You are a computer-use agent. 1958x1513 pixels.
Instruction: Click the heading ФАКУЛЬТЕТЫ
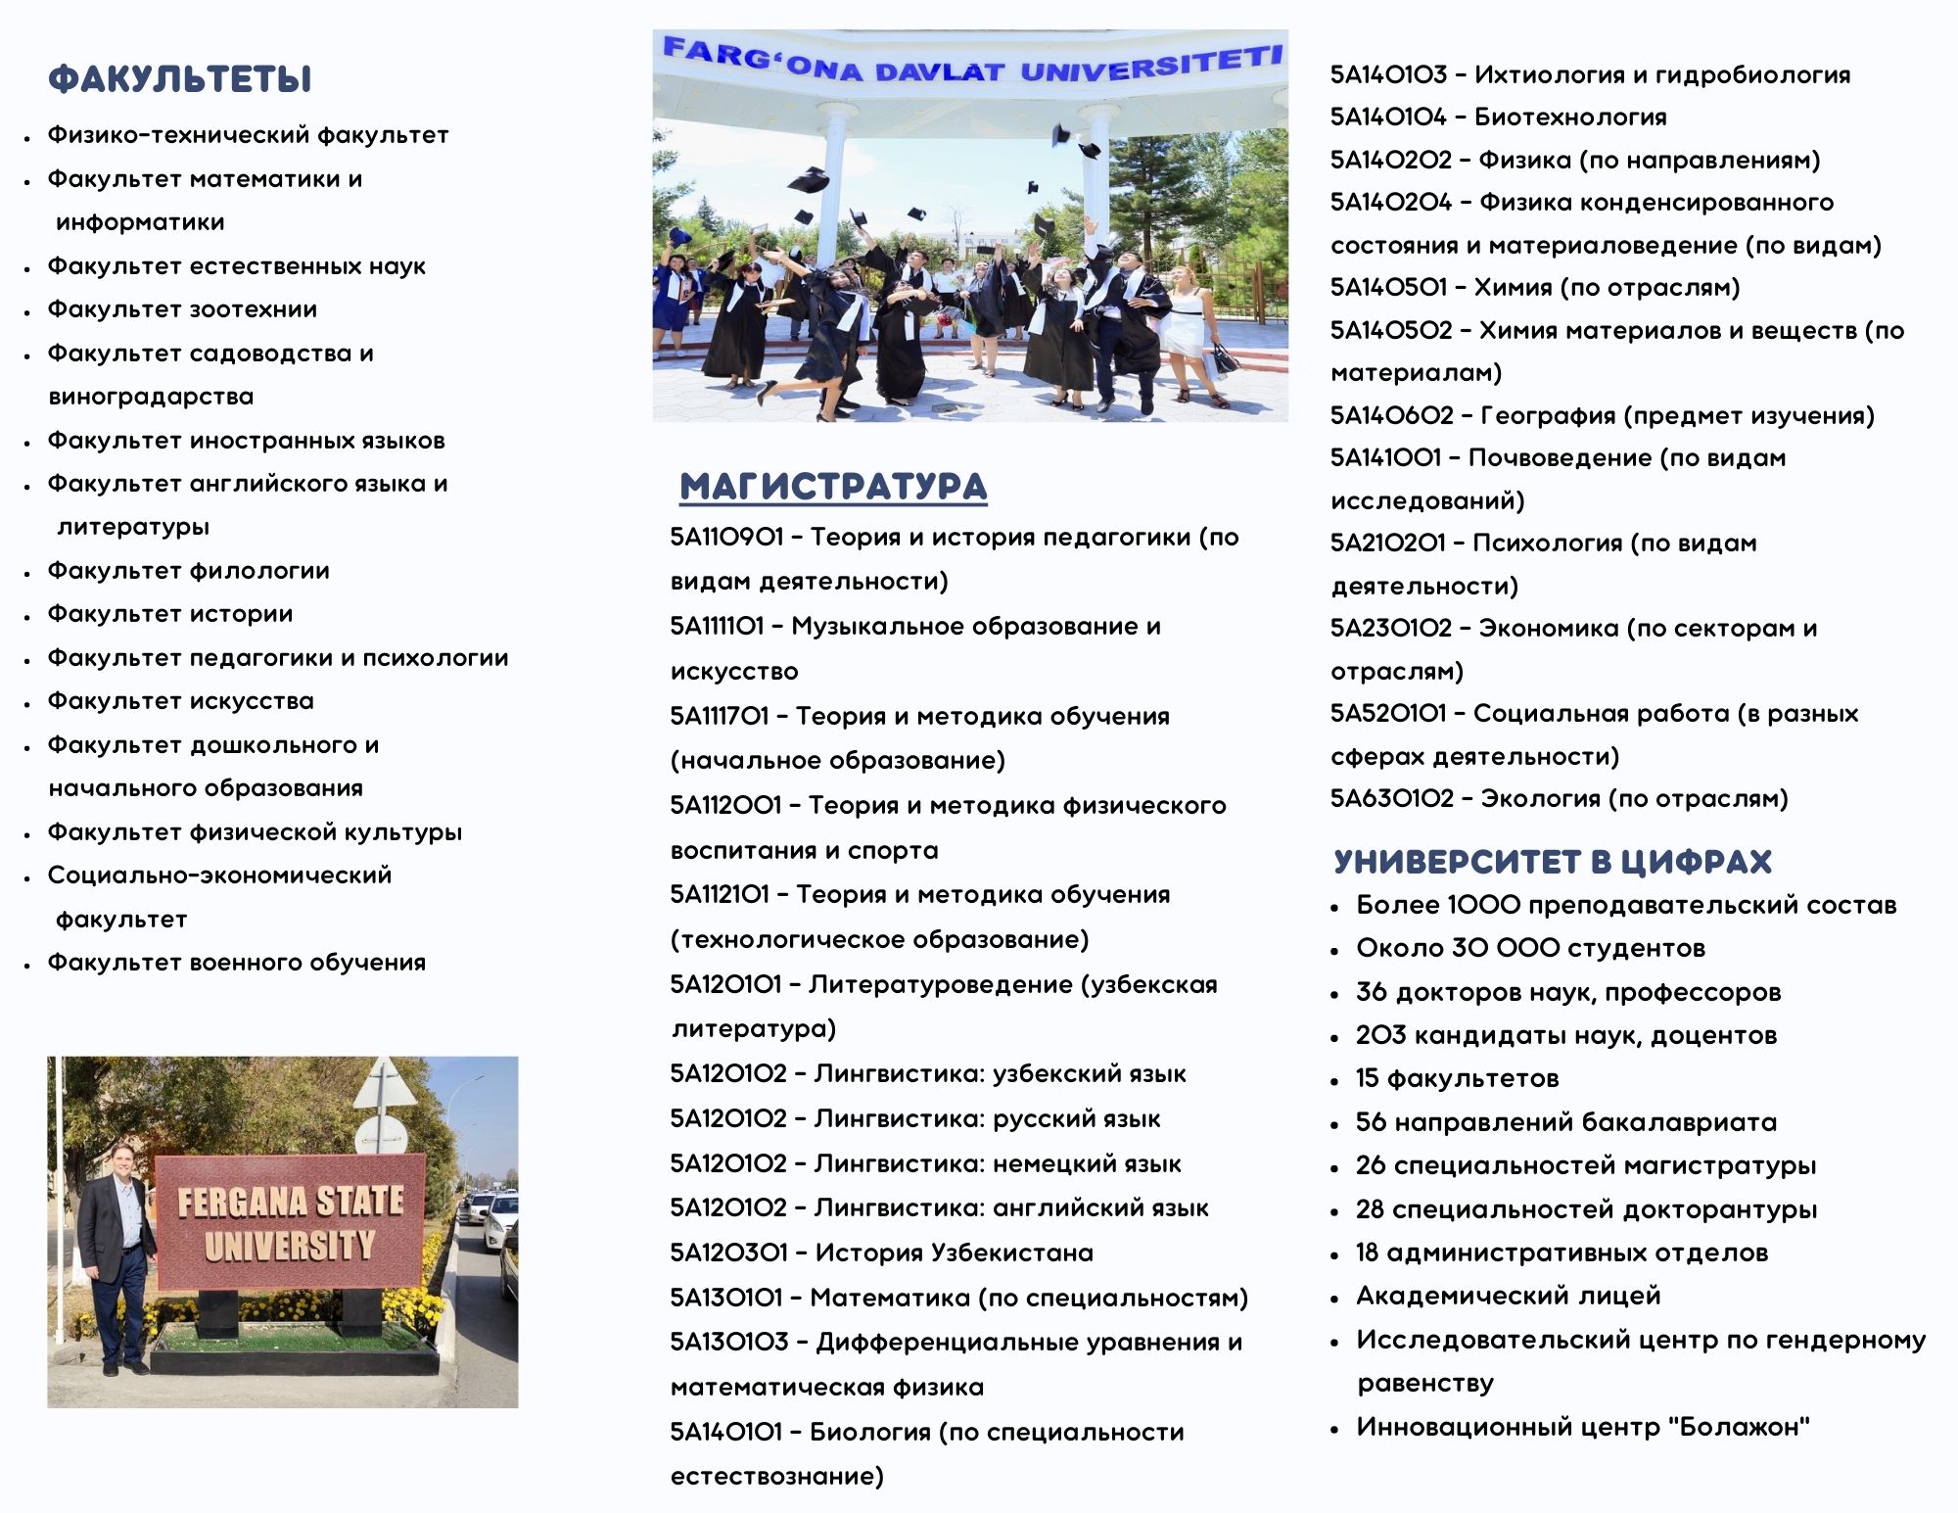pyautogui.click(x=180, y=79)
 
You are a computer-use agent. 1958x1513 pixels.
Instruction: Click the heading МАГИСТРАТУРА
pyautogui.click(x=833, y=487)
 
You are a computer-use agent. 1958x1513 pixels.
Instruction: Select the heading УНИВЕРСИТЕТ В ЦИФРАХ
pyautogui.click(x=1553, y=862)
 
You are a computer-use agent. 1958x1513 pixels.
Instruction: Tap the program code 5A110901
pyautogui.click(x=726, y=538)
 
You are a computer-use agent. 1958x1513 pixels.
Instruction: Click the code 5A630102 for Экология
pyautogui.click(x=1391, y=799)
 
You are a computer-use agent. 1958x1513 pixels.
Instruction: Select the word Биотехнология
pyautogui.click(x=1570, y=118)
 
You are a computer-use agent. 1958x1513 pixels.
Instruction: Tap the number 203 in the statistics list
pyautogui.click(x=1380, y=1035)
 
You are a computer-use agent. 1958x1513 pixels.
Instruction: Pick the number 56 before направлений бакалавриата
pyautogui.click(x=1371, y=1122)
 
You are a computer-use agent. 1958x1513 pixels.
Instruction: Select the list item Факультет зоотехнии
pyautogui.click(x=182, y=309)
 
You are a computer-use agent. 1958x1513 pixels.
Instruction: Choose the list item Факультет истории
pyautogui.click(x=170, y=614)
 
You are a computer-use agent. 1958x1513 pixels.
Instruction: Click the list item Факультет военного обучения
pyautogui.click(x=237, y=963)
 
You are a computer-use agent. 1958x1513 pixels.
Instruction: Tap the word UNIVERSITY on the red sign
pyautogui.click(x=290, y=1246)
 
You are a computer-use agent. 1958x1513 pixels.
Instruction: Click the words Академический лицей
pyautogui.click(x=1509, y=1296)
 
